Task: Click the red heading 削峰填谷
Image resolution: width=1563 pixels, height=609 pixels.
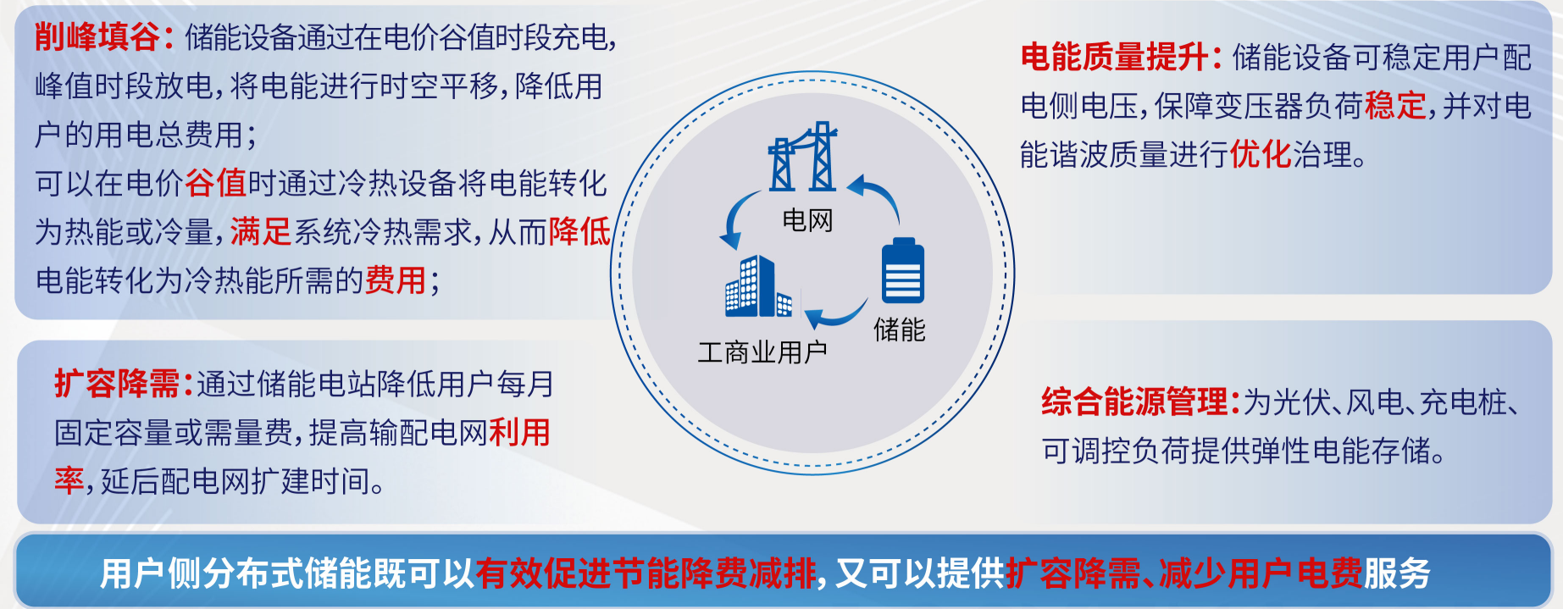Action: coord(98,37)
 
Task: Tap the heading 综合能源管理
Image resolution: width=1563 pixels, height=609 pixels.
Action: coord(1135,401)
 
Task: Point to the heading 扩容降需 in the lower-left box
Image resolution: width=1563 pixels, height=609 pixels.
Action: coord(117,384)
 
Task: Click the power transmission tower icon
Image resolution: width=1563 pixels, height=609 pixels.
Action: coord(802,157)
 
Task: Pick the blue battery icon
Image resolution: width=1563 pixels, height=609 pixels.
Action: coord(903,270)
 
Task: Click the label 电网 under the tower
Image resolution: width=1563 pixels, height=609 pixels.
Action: coord(807,220)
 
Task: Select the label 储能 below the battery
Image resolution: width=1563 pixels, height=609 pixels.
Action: coord(900,329)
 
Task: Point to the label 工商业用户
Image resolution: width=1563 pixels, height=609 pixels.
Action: coord(762,352)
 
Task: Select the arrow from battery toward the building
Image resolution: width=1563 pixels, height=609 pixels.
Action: coord(835,315)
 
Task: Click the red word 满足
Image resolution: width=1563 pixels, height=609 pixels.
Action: coord(261,231)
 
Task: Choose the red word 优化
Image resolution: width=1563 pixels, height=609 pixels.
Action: coord(1261,154)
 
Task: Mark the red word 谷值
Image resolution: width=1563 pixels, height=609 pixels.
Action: coord(215,183)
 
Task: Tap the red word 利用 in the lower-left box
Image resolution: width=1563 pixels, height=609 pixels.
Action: coord(519,432)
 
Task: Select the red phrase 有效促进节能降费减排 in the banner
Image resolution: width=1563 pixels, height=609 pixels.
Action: coord(646,573)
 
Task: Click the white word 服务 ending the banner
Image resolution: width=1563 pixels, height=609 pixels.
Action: coord(1397,573)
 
